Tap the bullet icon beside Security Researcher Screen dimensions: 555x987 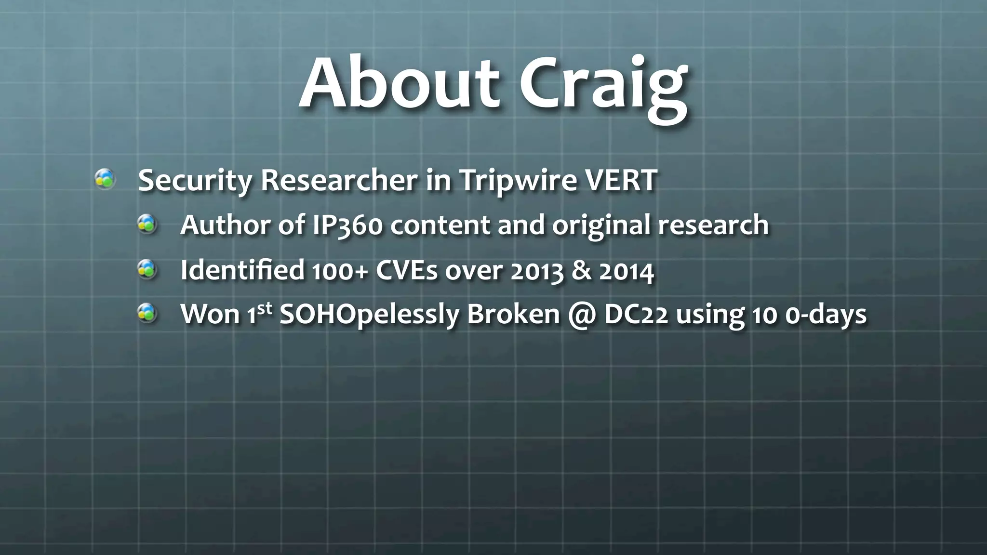105,179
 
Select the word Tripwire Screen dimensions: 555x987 518,181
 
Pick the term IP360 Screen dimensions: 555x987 347,225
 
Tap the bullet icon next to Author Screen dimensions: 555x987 147,224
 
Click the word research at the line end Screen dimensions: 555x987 713,225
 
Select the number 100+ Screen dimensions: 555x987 340,270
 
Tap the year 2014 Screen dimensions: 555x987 627,271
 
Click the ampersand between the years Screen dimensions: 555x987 582,270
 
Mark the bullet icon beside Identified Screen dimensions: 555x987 147,269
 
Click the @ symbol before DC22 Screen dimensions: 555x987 582,315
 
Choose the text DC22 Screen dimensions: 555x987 636,315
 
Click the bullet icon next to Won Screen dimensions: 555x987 147,314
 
